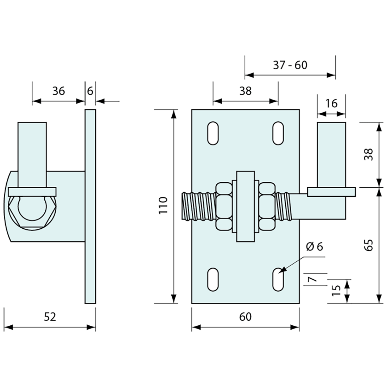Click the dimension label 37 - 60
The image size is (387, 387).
(x=290, y=65)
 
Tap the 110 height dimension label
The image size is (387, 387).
(x=163, y=206)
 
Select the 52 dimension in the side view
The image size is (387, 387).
(x=50, y=317)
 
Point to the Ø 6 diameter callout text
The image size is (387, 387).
(x=314, y=247)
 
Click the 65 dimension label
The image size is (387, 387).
(x=368, y=243)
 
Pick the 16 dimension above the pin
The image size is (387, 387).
(x=331, y=103)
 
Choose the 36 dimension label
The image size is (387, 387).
(x=58, y=91)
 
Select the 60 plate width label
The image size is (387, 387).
(x=245, y=317)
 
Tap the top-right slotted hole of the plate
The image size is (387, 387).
(x=278, y=133)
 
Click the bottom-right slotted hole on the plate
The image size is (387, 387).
(x=278, y=280)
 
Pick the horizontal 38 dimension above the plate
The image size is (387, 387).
(x=246, y=91)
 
